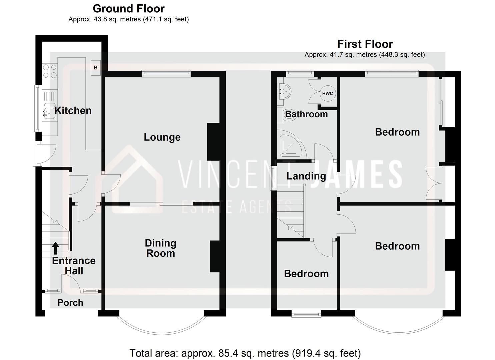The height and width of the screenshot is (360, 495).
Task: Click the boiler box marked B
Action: click(x=95, y=68)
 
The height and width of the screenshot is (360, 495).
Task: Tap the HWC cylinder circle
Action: click(x=327, y=93)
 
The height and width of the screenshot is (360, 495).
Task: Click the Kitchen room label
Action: click(x=73, y=110)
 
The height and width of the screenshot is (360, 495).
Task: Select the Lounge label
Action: click(x=162, y=137)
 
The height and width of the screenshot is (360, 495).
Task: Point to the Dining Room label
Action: click(x=160, y=248)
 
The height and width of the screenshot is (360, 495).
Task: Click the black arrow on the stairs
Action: click(x=56, y=248)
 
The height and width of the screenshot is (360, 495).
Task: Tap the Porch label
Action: click(x=70, y=302)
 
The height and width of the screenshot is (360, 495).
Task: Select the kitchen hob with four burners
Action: click(x=50, y=71)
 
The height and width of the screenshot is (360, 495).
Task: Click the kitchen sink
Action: click(x=49, y=111)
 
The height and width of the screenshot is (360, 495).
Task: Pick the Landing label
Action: click(x=306, y=176)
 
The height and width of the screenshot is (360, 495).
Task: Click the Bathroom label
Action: click(x=306, y=114)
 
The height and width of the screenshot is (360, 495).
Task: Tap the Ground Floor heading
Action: click(x=129, y=8)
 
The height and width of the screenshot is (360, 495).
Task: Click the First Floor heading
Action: click(x=365, y=44)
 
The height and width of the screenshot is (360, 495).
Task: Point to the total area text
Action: click(x=245, y=353)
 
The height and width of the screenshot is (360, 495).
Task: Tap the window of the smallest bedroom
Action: click(x=306, y=313)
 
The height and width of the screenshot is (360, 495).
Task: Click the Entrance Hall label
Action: click(x=74, y=266)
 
